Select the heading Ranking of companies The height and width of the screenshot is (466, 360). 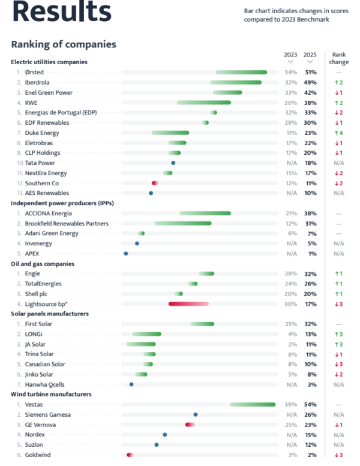tap(64, 44)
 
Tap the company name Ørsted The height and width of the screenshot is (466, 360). tap(34, 72)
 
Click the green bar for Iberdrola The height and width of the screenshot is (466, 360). tap(236, 82)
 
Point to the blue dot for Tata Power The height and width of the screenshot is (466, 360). tap(173, 163)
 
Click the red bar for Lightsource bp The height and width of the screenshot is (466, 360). tap(188, 304)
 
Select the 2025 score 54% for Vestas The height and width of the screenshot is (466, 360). tap(311, 404)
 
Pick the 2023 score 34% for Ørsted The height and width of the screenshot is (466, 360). tap(291, 72)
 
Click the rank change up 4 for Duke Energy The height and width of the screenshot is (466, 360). tap(338, 133)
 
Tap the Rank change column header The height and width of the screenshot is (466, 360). tap(338, 58)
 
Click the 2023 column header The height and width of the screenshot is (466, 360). tap(290, 55)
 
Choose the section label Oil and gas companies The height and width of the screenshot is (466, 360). tap(43, 263)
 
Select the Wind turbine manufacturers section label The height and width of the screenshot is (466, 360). tap(51, 394)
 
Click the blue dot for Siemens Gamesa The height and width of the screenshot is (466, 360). tap(196, 414)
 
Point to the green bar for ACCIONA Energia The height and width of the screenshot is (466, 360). tap(205, 213)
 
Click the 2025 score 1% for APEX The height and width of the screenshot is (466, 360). tap(311, 254)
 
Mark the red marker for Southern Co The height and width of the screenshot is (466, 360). tap(155, 183)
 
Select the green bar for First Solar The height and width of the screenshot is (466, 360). tap(203, 324)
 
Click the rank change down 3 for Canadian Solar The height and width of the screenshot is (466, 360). tap(338, 364)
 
